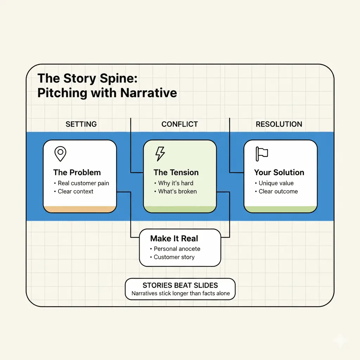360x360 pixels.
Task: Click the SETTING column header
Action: pos(81,124)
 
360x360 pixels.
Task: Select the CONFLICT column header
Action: pos(180,124)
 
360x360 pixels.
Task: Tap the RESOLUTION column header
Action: pos(279,124)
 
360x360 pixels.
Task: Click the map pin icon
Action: pos(60,154)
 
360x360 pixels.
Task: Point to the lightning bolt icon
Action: pos(160,154)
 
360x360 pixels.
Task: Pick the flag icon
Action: pos(262,154)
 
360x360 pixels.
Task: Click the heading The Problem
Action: pos(77,172)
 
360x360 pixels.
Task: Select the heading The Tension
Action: pos(176,172)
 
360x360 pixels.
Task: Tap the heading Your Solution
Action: pos(279,172)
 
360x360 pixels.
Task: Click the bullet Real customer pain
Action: pos(82,183)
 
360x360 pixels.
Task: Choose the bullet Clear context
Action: pos(74,192)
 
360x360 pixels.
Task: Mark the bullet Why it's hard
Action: pos(174,183)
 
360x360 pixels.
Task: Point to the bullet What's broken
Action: pos(176,192)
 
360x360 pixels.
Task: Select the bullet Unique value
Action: pos(274,183)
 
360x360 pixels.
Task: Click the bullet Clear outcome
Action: pos(276,192)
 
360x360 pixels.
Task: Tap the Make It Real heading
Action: pos(174,239)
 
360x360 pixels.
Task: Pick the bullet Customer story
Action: pos(172,257)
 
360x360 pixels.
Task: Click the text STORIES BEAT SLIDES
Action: pos(180,285)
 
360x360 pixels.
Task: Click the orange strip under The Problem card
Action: pos(80,209)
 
